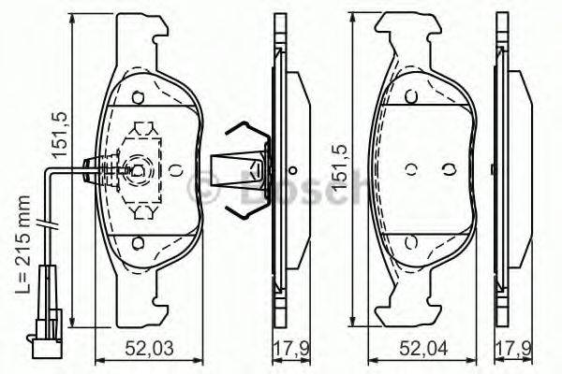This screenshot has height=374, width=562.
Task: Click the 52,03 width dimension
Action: pos(150,348)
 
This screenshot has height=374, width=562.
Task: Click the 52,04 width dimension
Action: pos(423,348)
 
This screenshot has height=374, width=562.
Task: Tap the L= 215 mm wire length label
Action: pos(22,244)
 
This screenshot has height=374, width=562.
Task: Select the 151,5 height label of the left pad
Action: pos(60,135)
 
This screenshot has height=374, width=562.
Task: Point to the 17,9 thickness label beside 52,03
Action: pos(291,348)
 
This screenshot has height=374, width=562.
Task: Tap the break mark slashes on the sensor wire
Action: pos(47,224)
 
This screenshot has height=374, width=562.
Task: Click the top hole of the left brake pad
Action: pos(138,97)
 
